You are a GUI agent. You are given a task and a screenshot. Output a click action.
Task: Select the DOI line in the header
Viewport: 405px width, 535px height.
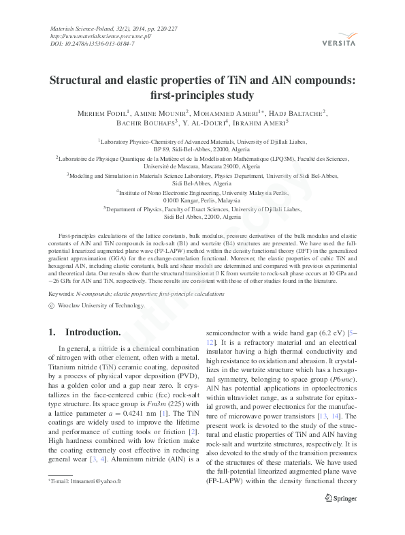click(x=93, y=44)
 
